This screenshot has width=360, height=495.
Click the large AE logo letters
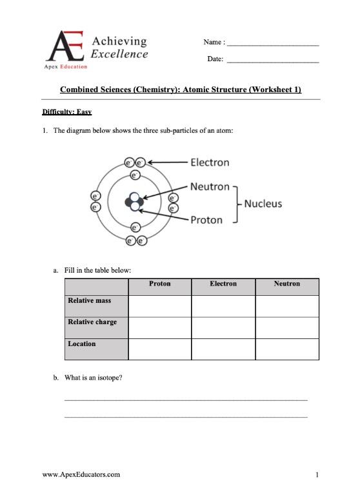[66, 48]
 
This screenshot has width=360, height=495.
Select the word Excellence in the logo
[119, 54]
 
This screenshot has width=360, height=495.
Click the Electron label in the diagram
[210, 162]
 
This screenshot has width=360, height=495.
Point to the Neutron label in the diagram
[210, 187]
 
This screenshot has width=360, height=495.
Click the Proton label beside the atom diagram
[206, 220]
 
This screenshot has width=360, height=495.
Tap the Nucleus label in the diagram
[263, 204]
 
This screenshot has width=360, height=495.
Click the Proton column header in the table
[159, 284]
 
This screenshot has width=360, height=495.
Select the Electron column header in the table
[223, 284]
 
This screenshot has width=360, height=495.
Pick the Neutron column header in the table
[286, 284]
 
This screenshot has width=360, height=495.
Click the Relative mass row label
[90, 300]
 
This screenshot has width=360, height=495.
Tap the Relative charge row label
[92, 322]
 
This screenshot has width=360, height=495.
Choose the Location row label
[82, 344]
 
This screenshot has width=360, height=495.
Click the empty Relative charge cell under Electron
[223, 327]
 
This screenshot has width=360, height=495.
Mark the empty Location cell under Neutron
[286, 349]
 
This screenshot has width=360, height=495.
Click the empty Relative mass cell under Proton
[159, 306]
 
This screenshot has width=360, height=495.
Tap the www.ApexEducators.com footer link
[81, 475]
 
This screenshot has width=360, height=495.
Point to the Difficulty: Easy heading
[66, 112]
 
